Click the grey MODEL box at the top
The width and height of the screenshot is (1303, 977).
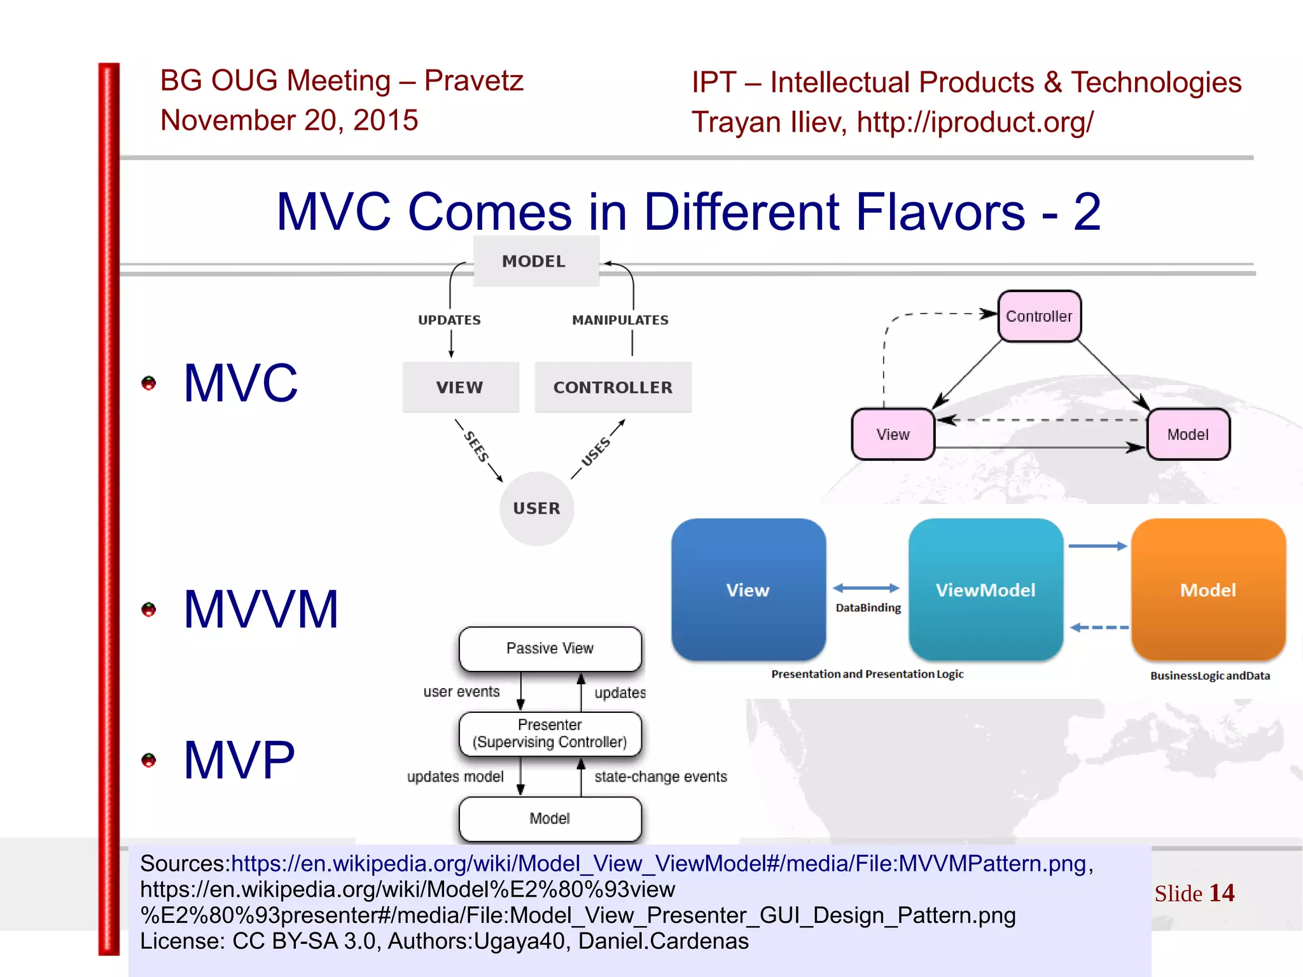535,262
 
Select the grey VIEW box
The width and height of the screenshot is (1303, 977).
460,387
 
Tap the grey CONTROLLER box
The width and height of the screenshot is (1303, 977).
613,387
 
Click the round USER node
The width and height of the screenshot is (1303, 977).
536,509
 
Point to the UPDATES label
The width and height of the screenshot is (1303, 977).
449,320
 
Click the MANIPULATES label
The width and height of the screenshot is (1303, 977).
620,320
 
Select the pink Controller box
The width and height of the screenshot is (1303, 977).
1038,316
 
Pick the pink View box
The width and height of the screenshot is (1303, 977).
893,434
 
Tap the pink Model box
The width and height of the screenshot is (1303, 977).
1187,434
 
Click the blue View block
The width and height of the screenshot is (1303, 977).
748,589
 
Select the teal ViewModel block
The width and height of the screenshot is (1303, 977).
985,589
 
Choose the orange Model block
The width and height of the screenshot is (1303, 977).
1208,589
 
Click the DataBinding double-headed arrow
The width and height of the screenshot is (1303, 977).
866,588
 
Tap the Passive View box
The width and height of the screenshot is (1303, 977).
550,649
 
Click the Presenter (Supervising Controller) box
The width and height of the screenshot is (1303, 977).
550,733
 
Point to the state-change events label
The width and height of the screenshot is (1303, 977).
660,777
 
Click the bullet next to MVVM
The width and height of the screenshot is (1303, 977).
149,610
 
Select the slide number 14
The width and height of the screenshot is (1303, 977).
1221,893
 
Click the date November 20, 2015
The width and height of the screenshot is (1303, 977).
289,120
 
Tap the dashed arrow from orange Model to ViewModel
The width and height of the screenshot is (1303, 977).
1099,628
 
